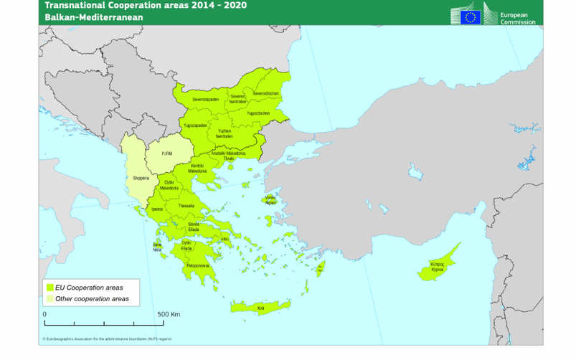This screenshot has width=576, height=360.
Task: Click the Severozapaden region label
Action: pos(205,100)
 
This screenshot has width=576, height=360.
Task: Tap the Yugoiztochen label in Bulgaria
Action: pos(258,113)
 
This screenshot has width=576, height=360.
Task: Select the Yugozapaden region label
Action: pos(195,125)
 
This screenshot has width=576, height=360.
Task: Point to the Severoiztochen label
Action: pos(265,94)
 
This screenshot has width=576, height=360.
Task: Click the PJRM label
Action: pos(166,153)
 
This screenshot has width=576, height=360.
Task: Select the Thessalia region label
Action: pos(187,206)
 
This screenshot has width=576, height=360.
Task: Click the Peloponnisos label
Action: pos(197,265)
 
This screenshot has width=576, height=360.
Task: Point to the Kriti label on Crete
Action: pos(260,308)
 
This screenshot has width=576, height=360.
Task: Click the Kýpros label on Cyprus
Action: pos(437,267)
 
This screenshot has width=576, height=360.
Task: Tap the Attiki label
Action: pos(225,239)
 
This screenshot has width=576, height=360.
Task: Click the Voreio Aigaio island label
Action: pos(270,200)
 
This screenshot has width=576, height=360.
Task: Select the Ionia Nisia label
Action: pos(157,247)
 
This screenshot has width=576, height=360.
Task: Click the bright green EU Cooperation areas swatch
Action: pos(50,287)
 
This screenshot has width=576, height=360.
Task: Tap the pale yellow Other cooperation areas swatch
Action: pos(50,298)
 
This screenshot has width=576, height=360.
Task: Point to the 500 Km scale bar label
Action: pos(169,314)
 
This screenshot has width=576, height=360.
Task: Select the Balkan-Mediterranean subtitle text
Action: pos(94,17)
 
